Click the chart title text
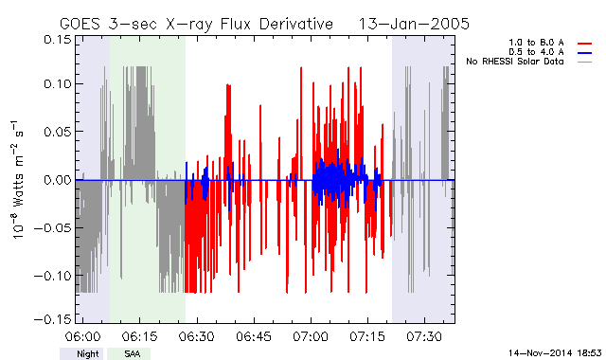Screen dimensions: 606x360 tap(264, 24)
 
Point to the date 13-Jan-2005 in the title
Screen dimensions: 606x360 tap(414, 24)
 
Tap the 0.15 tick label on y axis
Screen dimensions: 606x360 tap(57, 40)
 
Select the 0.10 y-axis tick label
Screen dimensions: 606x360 tap(57, 83)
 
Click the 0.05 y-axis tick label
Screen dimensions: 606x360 tap(57, 132)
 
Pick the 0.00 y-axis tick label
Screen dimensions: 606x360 tap(57, 180)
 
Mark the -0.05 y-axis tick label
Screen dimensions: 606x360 tap(53, 227)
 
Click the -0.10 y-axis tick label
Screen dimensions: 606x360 tap(53, 276)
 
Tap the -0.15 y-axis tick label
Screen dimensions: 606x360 tap(53, 319)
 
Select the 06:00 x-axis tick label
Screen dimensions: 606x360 tap(82, 336)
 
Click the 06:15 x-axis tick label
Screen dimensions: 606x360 tap(139, 336)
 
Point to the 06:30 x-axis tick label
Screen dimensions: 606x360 tap(196, 336)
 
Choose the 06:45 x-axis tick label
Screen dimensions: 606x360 tap(254, 336)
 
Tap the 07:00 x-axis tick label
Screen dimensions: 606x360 tap(311, 336)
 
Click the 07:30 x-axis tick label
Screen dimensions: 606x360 tap(424, 336)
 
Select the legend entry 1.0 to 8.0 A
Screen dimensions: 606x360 tap(536, 43)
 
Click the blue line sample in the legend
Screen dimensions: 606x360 tap(585, 53)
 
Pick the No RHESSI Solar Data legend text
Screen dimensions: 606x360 tap(515, 62)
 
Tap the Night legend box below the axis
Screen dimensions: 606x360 tap(81, 353)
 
